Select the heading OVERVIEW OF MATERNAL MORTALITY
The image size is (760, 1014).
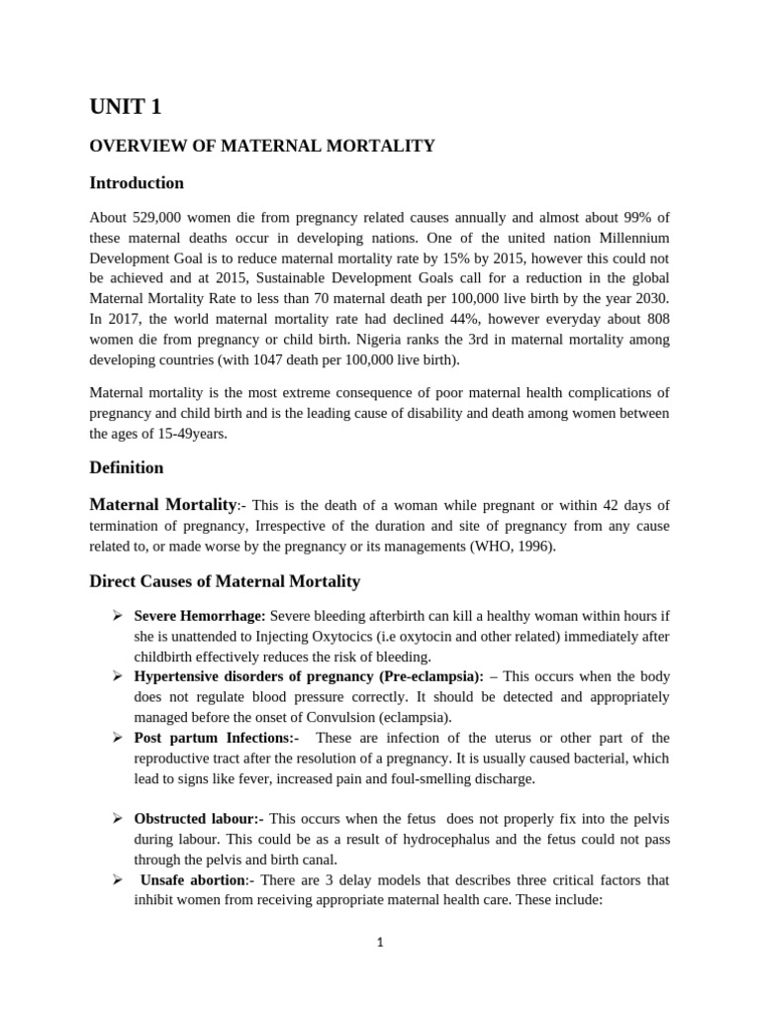coord(262,146)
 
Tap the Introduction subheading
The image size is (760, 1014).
coord(137,183)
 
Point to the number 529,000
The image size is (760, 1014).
coord(152,216)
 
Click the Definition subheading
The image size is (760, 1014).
coord(127,467)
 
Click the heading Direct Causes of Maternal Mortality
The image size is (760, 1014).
coord(225,581)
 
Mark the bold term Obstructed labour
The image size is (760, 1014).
coord(199,818)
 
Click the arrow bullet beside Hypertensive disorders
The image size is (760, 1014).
coord(116,676)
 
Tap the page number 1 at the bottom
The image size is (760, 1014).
coord(379,942)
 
